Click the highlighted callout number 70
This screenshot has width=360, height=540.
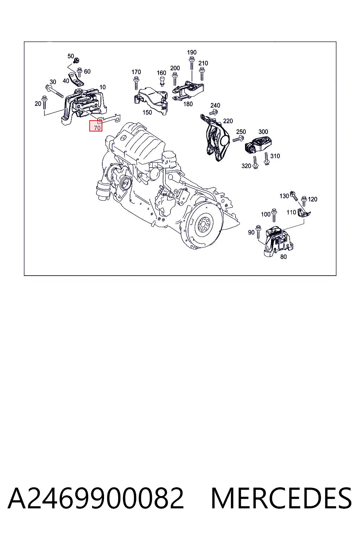97,128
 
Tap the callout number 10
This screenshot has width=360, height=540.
102,87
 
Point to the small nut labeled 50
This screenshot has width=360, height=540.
77,60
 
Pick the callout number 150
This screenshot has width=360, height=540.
147,112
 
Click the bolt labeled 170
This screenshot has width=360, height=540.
136,83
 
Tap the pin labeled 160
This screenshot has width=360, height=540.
162,81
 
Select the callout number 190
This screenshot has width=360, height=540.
192,52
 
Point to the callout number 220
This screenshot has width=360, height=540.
228,121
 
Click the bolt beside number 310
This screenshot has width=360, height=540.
266,159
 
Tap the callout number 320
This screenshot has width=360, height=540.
246,166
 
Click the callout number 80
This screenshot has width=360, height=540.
284,257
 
